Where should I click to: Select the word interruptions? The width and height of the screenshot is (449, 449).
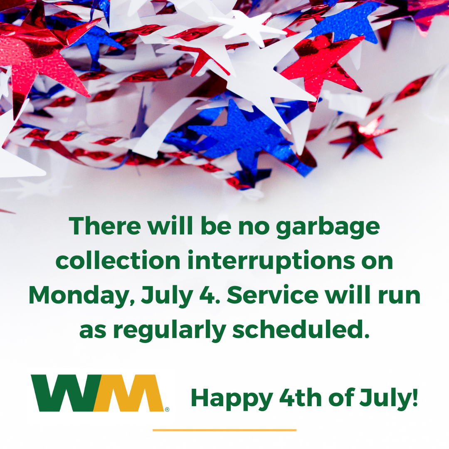[271, 261]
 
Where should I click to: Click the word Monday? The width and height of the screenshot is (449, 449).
[81, 296]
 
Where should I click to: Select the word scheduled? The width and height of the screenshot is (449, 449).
[301, 329]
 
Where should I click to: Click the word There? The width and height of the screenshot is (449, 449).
[105, 226]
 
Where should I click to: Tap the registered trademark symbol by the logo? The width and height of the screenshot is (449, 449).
[167, 410]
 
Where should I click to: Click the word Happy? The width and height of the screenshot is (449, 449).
[232, 399]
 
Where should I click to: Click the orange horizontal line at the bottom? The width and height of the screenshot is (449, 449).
[224, 430]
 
